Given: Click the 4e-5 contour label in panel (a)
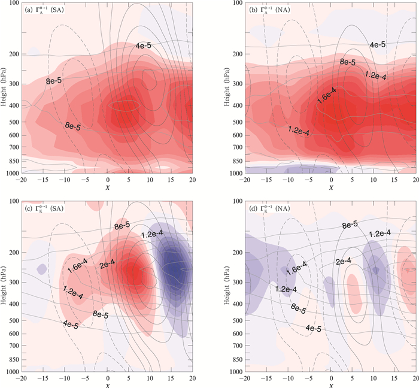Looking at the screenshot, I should (x=144, y=46).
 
